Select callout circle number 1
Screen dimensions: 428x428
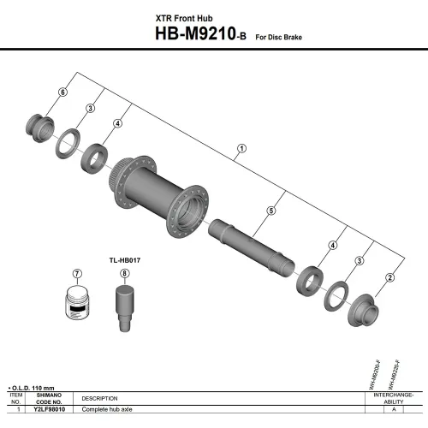(241, 148)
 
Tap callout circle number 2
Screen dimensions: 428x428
(389, 276)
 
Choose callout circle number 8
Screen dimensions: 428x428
(124, 275)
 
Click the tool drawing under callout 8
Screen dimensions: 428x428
(124, 308)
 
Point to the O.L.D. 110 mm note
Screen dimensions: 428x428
(34, 388)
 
